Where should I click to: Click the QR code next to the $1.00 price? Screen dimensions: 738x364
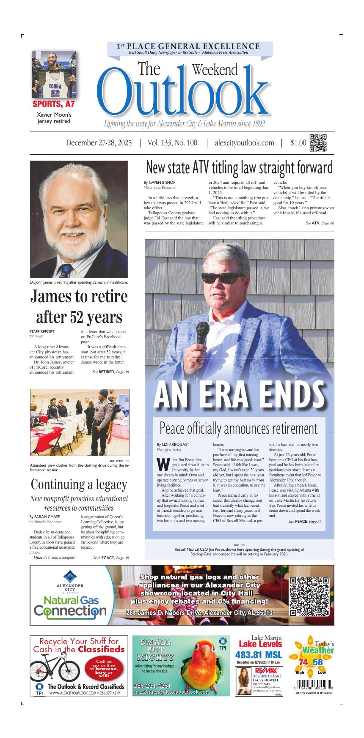coord(318,143)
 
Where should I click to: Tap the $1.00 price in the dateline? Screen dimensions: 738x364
coord(298,143)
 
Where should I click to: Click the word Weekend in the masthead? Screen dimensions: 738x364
coord(215,69)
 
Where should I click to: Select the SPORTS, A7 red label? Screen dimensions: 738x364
coord(53,104)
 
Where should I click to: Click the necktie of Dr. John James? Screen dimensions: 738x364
coord(65,270)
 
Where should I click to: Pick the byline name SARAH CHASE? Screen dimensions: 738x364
coord(44,517)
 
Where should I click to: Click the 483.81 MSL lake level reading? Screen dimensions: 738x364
coord(259,655)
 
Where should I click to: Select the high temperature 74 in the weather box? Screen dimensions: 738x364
coord(303,662)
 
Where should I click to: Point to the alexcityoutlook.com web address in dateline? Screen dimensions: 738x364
coord(244,143)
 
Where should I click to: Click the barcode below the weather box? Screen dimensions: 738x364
coord(313,685)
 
